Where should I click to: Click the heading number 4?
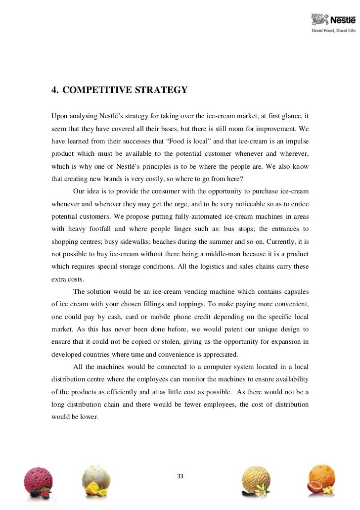tap(55, 90)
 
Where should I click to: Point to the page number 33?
tap(180, 476)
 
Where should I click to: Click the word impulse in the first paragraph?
tap(296, 141)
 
